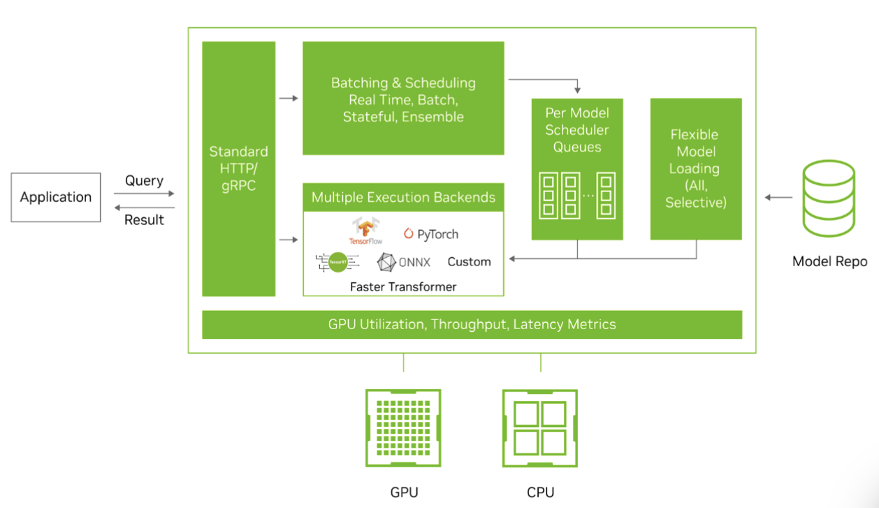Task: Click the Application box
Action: [56, 197]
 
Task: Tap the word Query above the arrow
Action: [144, 180]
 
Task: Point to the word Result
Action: [144, 219]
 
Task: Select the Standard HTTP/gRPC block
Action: [238, 168]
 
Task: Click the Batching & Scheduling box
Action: [403, 99]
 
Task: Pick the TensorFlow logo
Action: [366, 231]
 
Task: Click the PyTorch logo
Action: [431, 234]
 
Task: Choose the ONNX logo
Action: [404, 262]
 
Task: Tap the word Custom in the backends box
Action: [469, 261]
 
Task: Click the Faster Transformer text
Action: [403, 286]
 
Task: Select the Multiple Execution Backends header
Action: [403, 197]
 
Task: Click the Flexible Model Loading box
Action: [695, 168]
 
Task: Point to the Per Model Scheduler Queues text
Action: [577, 130]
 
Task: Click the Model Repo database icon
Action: [829, 198]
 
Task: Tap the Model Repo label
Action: [829, 261]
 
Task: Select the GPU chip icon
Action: [403, 428]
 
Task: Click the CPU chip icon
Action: [540, 428]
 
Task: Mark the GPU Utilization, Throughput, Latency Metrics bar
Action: [472, 324]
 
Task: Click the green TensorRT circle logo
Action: [338, 261]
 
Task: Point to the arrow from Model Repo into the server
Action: [778, 198]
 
